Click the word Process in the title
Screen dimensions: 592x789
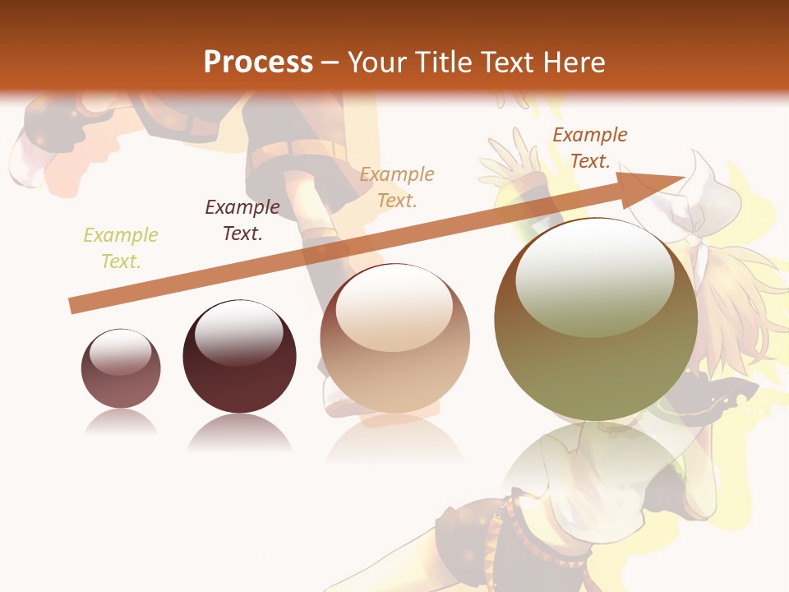[258, 62]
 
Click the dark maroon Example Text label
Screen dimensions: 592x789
[242, 220]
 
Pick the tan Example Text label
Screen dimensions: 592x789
[397, 187]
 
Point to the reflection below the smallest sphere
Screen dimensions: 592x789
[121, 423]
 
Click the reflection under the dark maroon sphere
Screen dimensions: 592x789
[239, 432]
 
